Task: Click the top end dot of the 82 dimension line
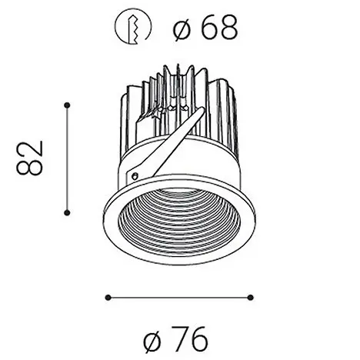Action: tap(68, 104)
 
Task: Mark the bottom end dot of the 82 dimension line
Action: tap(68, 210)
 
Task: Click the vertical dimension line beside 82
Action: tap(68, 157)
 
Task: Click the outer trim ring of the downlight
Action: tap(112, 231)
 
